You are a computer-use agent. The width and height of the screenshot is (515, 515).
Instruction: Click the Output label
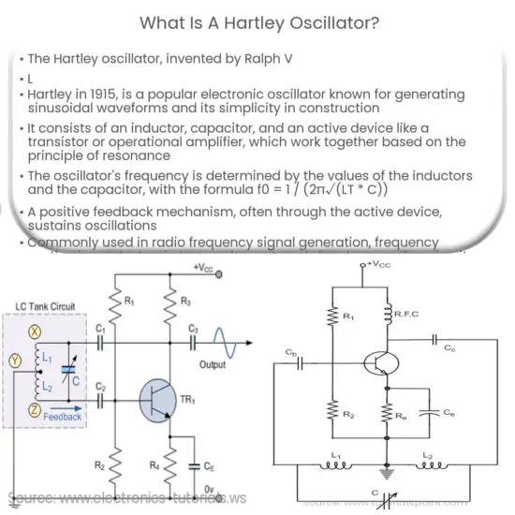point(214,365)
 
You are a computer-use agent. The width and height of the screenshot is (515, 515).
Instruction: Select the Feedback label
point(62,416)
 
